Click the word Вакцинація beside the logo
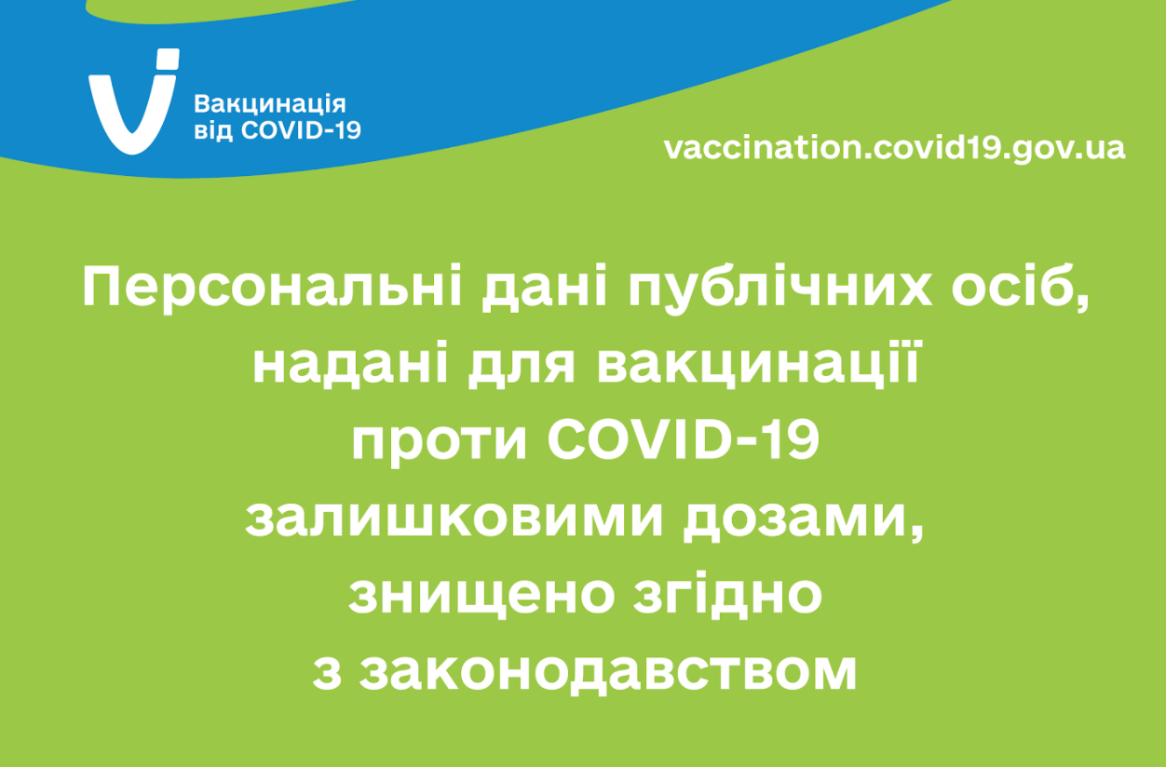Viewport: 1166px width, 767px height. pyautogui.click(x=270, y=104)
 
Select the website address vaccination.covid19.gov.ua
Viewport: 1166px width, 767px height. pyautogui.click(x=894, y=148)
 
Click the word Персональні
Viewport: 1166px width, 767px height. pyautogui.click(x=272, y=289)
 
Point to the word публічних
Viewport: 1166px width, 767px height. pyautogui.click(x=780, y=289)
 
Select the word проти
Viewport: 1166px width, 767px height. pyautogui.click(x=440, y=440)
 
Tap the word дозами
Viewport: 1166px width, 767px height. pyautogui.click(x=803, y=518)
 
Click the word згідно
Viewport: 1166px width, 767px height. pyautogui.click(x=727, y=595)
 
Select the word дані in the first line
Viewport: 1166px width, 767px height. pyautogui.click(x=544, y=289)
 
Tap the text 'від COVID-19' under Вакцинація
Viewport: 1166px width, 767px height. pyautogui.click(x=278, y=131)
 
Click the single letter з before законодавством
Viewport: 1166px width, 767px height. pyautogui.click(x=327, y=672)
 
